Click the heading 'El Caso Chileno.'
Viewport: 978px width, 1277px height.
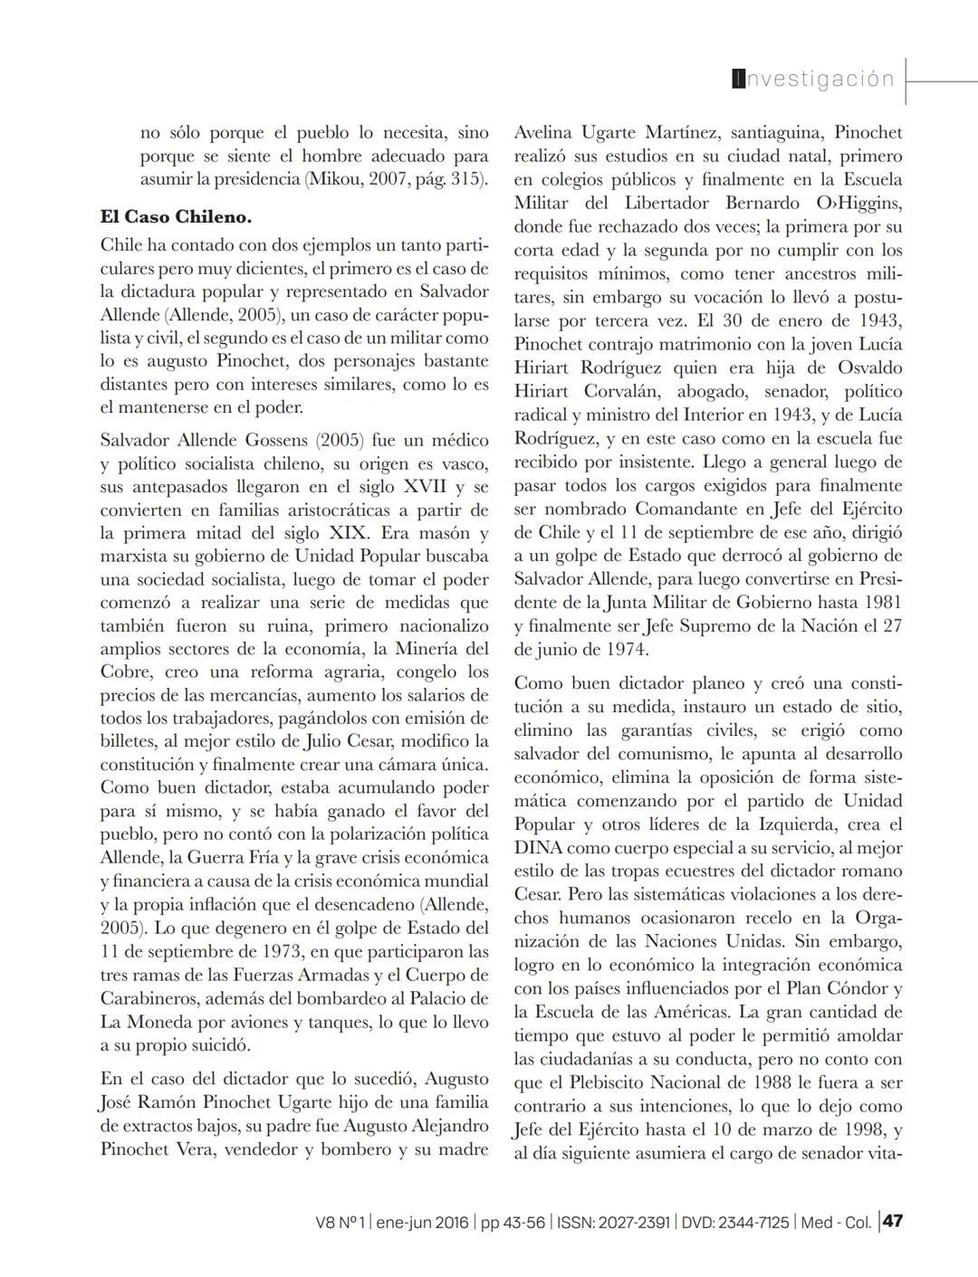pos(176,218)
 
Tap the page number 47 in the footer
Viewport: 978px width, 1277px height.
pos(893,1221)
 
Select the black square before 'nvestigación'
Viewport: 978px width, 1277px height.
pos(738,79)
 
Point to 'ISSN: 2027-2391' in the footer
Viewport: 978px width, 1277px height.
pos(614,1222)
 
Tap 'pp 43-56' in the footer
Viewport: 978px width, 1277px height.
pos(513,1222)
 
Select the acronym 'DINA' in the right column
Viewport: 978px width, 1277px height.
pos(538,848)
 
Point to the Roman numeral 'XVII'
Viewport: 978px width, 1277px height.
pos(434,488)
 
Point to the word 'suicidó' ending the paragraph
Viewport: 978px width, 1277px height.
pos(220,1045)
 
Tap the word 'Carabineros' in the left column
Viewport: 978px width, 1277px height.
pos(148,998)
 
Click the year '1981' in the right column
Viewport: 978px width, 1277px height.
pos(883,602)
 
